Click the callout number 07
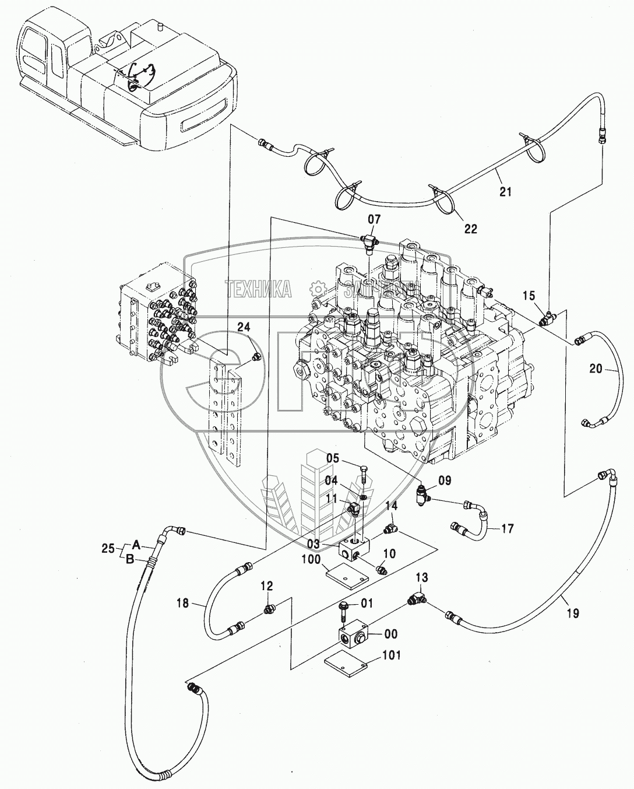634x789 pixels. click(x=374, y=219)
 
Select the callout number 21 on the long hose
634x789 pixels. click(x=505, y=191)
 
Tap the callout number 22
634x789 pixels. click(x=470, y=229)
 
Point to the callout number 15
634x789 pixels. click(x=528, y=296)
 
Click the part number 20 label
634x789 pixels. click(x=595, y=368)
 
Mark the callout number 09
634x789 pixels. click(x=445, y=481)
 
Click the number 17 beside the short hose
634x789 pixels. click(x=507, y=529)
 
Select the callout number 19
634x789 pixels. click(x=572, y=613)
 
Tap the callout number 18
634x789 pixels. click(x=182, y=603)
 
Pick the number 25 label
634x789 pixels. click(x=107, y=548)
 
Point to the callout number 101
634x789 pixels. click(x=392, y=655)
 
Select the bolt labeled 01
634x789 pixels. click(x=344, y=612)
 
